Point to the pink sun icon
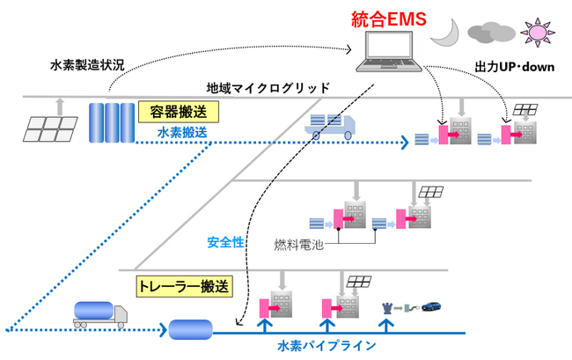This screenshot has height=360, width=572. point(536,32)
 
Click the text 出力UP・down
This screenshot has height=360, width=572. point(515,67)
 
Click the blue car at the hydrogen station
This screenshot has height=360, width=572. point(430,307)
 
